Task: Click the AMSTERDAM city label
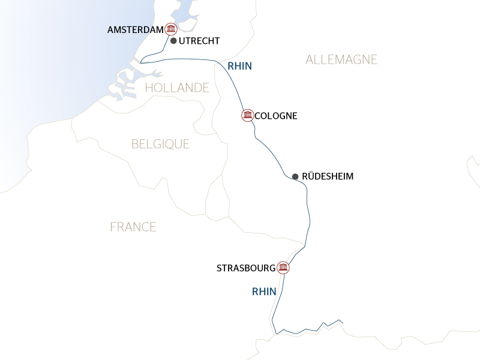[135, 29]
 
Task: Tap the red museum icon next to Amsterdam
[171, 29]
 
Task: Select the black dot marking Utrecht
[173, 41]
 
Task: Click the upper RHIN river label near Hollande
[239, 67]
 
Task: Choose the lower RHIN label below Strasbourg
[264, 292]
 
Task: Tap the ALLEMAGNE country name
[341, 59]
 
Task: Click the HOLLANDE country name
[176, 88]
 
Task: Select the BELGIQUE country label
[160, 144]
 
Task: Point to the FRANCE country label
[133, 227]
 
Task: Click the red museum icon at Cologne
[247, 115]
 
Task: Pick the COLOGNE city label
[276, 115]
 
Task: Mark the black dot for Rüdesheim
[295, 176]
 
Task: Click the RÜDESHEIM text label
[327, 176]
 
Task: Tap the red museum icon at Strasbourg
[283, 268]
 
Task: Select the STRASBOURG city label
[246, 268]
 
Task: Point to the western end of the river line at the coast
[142, 62]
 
